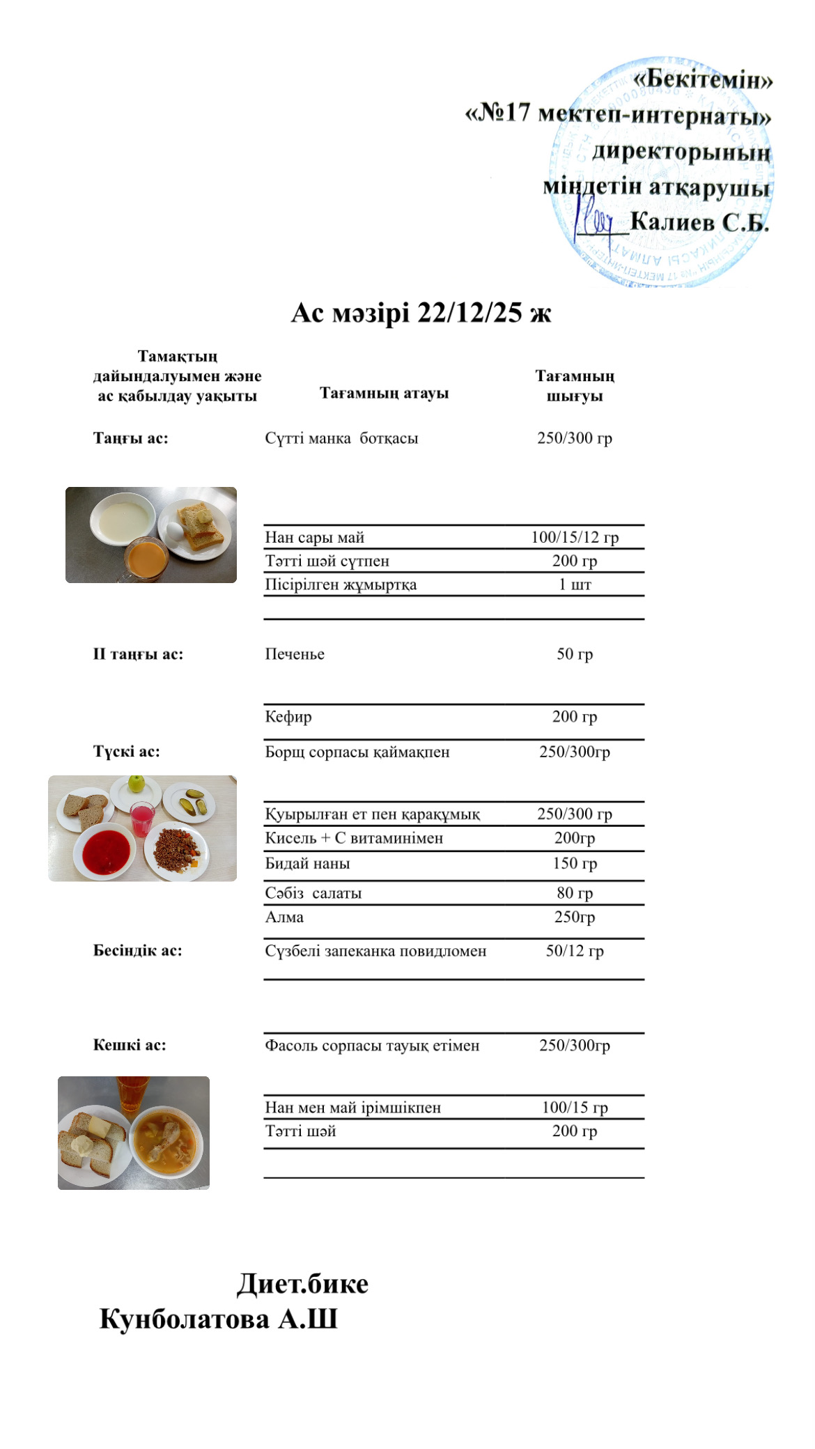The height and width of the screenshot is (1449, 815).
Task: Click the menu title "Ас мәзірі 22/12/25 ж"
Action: pos(421,313)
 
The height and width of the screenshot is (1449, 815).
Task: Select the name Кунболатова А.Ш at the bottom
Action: pos(218,1319)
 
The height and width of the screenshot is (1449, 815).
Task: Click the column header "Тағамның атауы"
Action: pos(384,393)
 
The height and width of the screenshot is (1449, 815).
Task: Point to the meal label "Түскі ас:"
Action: pos(127,752)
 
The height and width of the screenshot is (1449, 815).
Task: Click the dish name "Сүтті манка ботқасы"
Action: pos(341,438)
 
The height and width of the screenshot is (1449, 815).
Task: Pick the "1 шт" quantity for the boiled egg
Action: pos(575,584)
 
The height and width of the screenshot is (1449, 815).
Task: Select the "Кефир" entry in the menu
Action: pos(288,717)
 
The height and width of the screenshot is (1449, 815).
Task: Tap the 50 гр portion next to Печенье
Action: pos(575,654)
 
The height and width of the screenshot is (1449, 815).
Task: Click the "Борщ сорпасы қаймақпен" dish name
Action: pos(357,752)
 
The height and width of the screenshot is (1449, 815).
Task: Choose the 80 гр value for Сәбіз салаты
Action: pos(575,893)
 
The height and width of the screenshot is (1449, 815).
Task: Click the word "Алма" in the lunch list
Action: pos(284,917)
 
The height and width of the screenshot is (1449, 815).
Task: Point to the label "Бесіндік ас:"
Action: pos(138,951)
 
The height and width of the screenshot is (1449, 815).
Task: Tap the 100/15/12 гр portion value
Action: pos(575,537)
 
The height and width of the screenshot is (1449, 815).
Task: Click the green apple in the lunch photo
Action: pos(137,784)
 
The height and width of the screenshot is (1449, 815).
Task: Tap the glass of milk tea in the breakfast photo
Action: pos(146,559)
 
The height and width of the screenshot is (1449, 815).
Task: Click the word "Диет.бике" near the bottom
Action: pos(302,1283)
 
